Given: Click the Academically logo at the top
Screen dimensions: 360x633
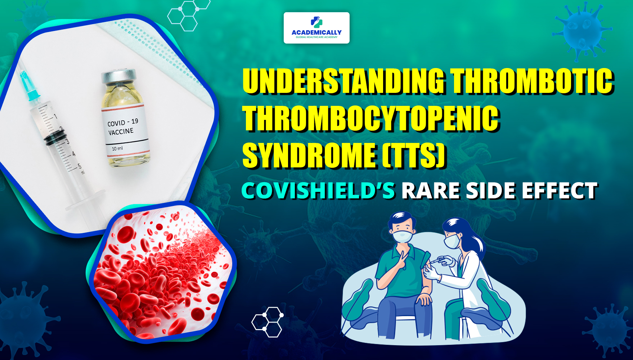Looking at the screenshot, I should point(316,28).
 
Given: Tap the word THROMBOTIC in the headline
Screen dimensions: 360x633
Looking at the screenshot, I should point(532,81).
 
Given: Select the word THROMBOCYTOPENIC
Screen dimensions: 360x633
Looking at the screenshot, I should point(371,118).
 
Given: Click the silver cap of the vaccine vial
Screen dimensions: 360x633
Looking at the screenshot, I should point(118,77).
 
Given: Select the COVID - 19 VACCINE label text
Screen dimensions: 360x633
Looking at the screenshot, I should point(122,127).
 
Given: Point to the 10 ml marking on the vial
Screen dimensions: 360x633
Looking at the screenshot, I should point(117,148).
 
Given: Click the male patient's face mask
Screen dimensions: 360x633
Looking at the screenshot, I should point(403,237).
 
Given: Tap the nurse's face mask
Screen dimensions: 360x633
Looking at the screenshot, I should point(452,241).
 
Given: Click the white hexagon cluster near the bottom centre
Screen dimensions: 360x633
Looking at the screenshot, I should point(267,322).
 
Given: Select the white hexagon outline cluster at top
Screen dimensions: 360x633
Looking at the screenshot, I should point(188,14).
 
